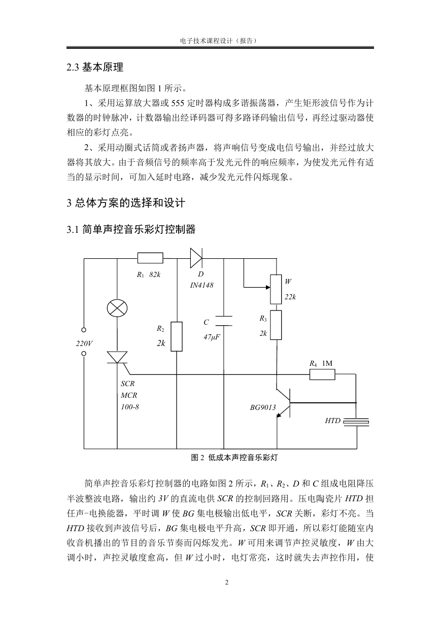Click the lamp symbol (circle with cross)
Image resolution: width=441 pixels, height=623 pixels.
tap(117, 308)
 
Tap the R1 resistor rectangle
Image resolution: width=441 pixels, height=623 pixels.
tap(150, 258)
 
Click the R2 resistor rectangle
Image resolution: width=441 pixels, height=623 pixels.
tap(177, 336)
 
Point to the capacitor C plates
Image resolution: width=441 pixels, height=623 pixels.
tap(224, 321)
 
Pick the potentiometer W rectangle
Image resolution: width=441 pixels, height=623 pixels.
tap(276, 289)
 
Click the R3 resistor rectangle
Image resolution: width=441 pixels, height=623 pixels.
tap(276, 325)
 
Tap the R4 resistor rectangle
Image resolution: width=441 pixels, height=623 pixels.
tap(322, 374)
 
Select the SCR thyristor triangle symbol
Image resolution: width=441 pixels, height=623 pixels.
tap(117, 357)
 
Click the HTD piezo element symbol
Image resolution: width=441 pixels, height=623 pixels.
tap(356, 422)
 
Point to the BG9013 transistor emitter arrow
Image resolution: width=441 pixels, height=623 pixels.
tap(279, 414)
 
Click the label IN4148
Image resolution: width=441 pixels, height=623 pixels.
tap(201, 285)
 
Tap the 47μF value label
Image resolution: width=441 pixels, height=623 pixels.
tap(212, 337)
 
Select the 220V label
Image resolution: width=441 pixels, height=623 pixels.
tap(84, 343)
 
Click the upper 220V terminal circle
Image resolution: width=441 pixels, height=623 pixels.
tap(83, 330)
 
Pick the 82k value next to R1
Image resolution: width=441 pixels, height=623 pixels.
tap(155, 274)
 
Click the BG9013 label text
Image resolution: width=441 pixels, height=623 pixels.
tap(263, 407)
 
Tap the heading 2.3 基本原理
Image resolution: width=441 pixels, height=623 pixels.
tap(95, 67)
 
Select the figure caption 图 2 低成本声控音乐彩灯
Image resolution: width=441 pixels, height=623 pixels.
tap(234, 458)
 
